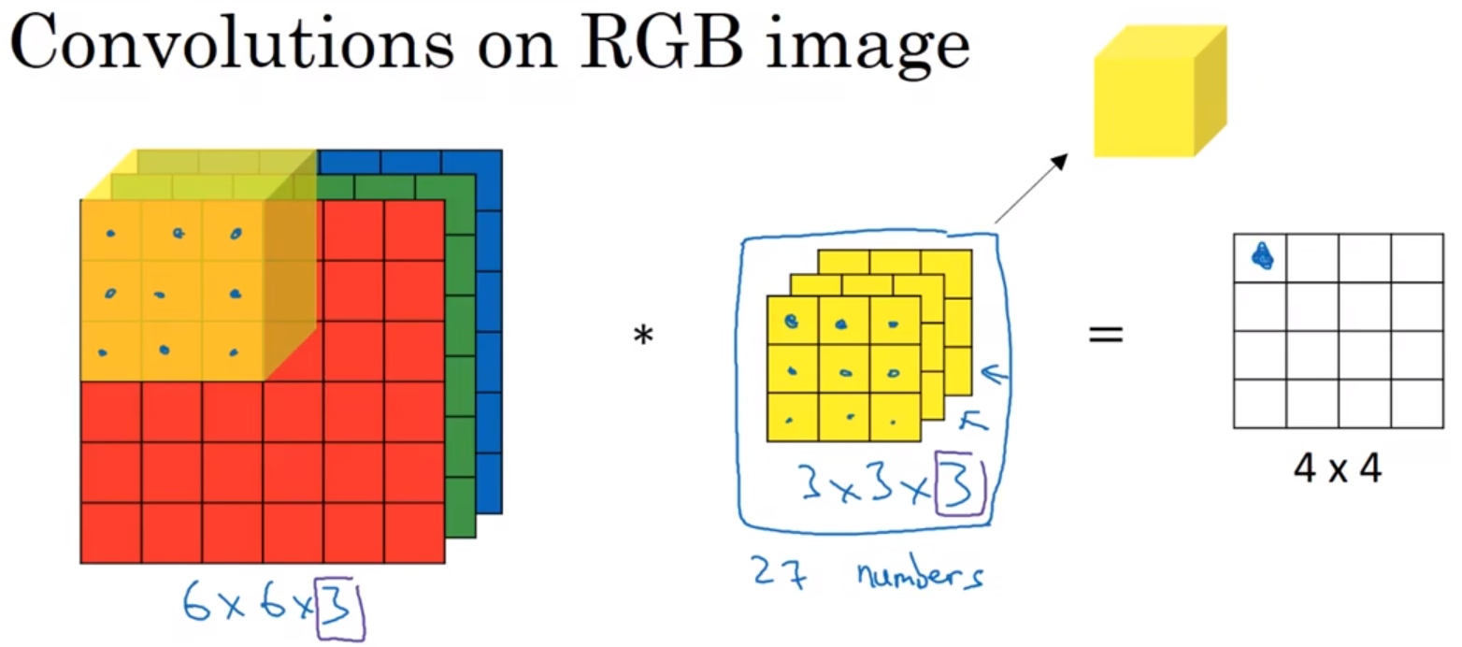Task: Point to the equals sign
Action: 1105,334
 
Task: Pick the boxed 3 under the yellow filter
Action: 960,486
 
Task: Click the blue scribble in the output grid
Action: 1263,256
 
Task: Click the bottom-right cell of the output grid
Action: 1415,404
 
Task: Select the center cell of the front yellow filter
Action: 843,370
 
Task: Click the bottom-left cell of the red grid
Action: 111,533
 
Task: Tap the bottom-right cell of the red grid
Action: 414,533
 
